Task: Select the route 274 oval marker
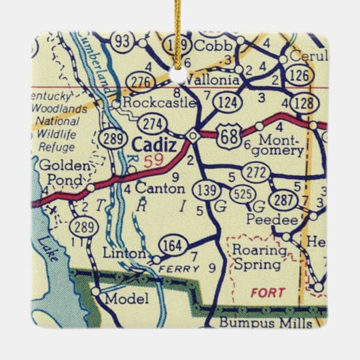coord(151,124)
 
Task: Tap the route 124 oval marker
coord(225,103)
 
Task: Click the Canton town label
coord(160,187)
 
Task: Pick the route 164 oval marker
coord(170,245)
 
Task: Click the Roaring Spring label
coord(256,256)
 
